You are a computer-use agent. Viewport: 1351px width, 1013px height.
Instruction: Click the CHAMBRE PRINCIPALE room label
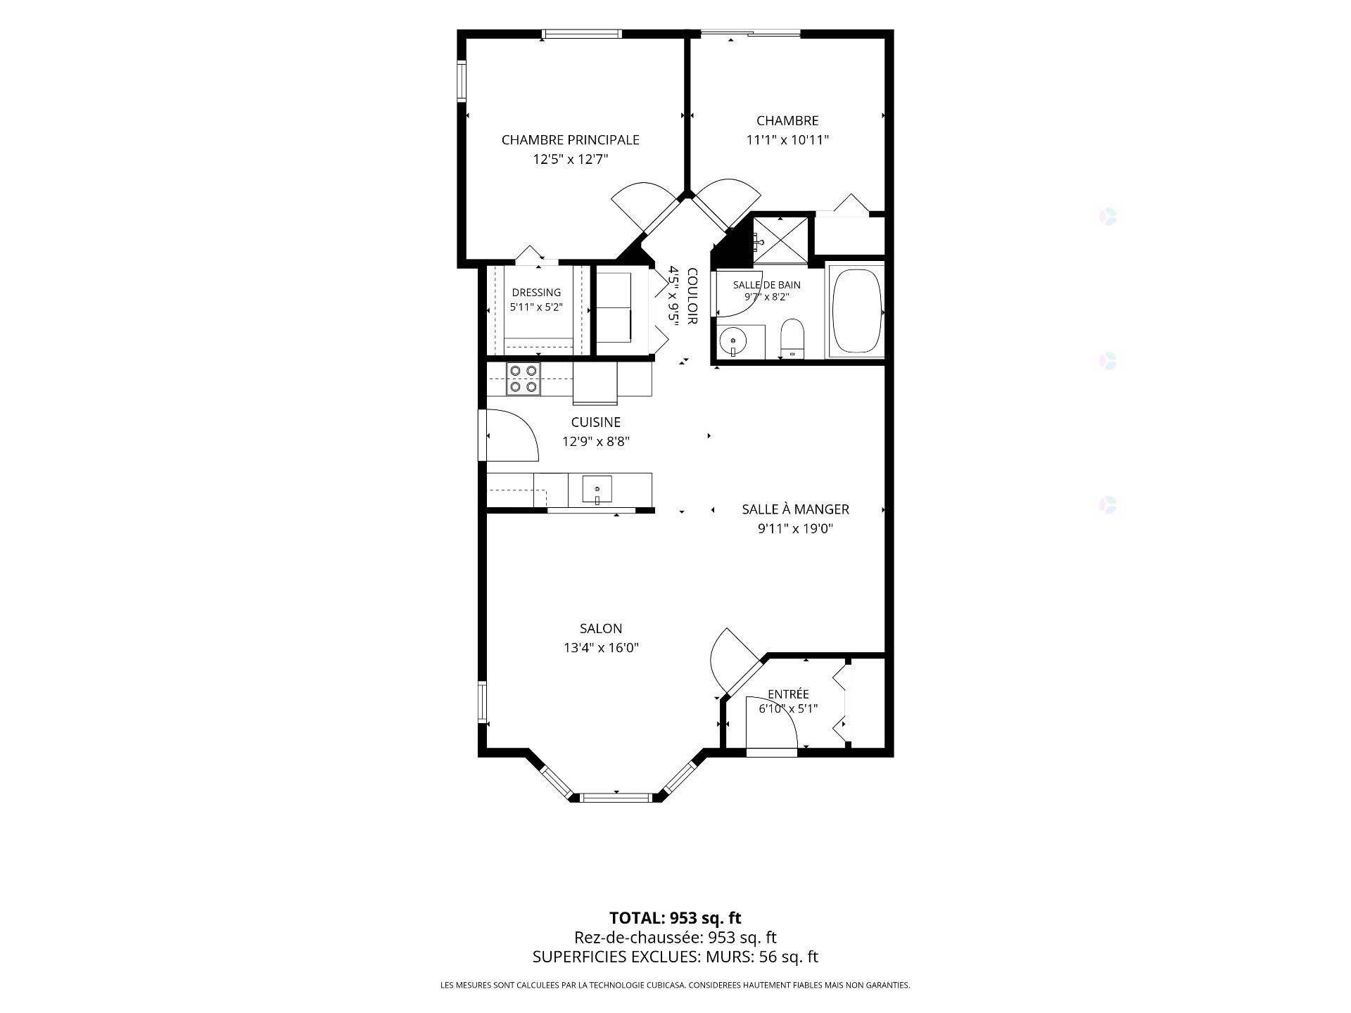click(x=570, y=140)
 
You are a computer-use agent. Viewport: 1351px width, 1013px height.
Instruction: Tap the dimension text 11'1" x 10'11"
click(x=787, y=140)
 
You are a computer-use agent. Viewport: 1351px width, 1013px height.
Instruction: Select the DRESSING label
click(x=536, y=293)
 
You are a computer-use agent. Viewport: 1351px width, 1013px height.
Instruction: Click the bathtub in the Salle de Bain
click(x=856, y=310)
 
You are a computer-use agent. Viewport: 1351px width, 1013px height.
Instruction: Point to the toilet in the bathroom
click(x=792, y=338)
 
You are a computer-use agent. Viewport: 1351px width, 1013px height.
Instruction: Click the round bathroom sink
click(x=733, y=343)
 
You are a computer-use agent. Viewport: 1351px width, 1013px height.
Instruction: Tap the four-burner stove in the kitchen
click(x=523, y=378)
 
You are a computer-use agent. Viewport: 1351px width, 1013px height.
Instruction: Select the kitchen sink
click(x=597, y=489)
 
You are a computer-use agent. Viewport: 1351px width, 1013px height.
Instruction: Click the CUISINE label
click(x=595, y=422)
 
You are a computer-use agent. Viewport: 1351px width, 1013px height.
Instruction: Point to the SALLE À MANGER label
click(x=795, y=509)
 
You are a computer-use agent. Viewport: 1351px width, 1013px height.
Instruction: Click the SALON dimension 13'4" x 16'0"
click(x=601, y=648)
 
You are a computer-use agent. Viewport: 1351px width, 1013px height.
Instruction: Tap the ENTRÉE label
click(x=788, y=694)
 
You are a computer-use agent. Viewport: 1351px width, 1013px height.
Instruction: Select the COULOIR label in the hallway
click(x=692, y=296)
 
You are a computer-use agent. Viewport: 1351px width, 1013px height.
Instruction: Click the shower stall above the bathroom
click(x=780, y=239)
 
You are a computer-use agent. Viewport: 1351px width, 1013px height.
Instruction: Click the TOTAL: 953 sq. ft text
click(x=675, y=918)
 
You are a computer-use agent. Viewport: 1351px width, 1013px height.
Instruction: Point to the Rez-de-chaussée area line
click(x=675, y=938)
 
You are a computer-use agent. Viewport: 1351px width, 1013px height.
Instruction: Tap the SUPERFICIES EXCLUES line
click(x=675, y=957)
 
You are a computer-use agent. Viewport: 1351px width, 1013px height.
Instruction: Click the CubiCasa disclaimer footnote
click(x=675, y=986)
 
